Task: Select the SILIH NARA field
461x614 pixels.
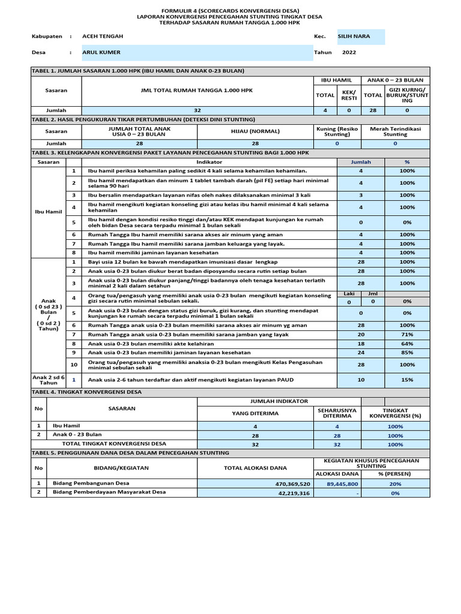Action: pyautogui.click(x=354, y=36)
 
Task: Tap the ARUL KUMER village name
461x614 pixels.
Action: pyautogui.click(x=101, y=52)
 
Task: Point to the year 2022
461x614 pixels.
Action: pyautogui.click(x=349, y=52)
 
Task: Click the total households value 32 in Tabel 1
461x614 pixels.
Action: pyautogui.click(x=197, y=110)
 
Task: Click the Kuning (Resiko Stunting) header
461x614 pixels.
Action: pyautogui.click(x=336, y=131)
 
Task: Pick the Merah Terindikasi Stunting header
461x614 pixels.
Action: pyautogui.click(x=396, y=131)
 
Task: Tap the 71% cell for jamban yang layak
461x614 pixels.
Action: pyautogui.click(x=407, y=334)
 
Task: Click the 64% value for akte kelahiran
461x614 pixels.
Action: pyautogui.click(x=407, y=344)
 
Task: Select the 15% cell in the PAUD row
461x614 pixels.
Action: pyautogui.click(x=407, y=380)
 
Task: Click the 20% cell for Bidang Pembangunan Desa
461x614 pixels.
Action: pyautogui.click(x=395, y=483)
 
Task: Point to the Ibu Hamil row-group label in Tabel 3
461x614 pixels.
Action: pyautogui.click(x=49, y=212)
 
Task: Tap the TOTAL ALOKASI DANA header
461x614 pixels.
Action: pyautogui.click(x=255, y=467)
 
